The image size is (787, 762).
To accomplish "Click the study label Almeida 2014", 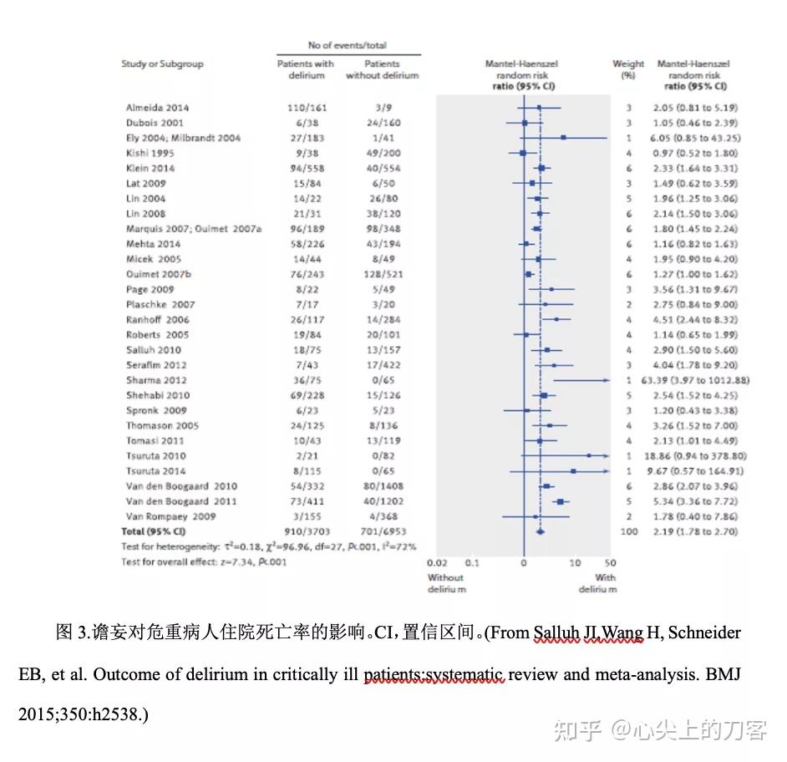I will (x=157, y=108).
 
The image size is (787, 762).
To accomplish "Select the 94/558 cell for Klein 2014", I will (x=305, y=168).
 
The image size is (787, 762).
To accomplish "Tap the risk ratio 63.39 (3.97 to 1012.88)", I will (x=695, y=380).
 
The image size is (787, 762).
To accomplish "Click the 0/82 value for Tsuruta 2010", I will (x=382, y=456).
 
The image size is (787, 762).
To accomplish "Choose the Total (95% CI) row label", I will (x=153, y=531).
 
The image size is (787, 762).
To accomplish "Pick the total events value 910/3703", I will (x=305, y=531).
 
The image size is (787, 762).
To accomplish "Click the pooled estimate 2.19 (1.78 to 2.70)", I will (x=696, y=531).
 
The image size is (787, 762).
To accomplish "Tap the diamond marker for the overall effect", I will (x=540, y=531).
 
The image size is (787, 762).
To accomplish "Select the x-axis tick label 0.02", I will (x=436, y=563).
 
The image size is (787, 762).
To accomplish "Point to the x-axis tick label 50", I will (x=610, y=563).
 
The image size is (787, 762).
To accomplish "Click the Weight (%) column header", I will (x=628, y=69).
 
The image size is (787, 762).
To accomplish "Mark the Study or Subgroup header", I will (x=162, y=64).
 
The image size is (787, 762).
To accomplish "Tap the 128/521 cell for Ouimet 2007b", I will (x=382, y=274).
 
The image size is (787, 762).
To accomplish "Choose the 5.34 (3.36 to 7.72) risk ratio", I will (x=696, y=501).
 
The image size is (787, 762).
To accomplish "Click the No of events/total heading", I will (x=348, y=45).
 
